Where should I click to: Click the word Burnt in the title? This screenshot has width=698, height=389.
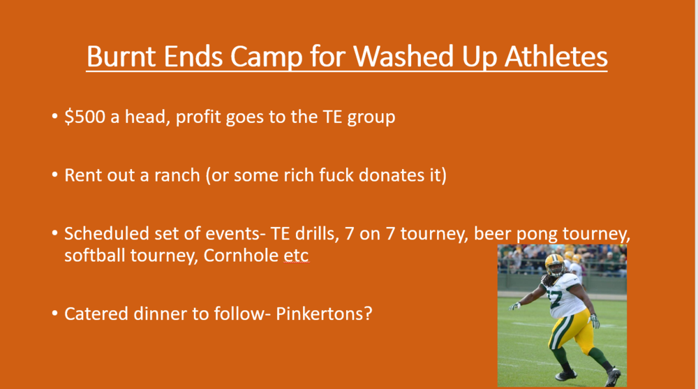tap(121, 56)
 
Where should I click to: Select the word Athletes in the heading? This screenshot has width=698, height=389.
tap(556, 56)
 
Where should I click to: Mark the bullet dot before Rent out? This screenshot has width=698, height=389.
tap(54, 175)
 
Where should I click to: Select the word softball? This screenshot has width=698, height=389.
tap(95, 256)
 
